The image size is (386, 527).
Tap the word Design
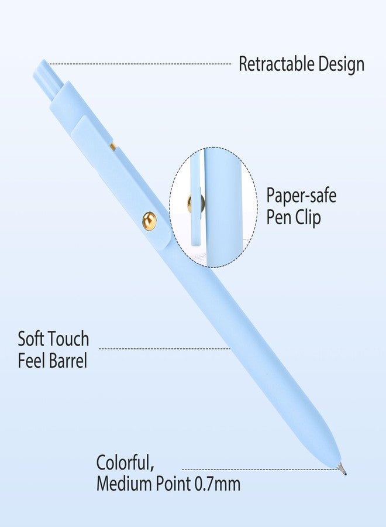tap(342, 64)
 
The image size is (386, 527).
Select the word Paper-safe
tap(301, 196)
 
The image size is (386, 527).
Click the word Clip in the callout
tap(308, 217)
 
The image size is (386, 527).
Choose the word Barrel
tap(68, 361)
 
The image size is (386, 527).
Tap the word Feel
tap(31, 361)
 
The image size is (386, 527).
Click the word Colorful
tap(125, 463)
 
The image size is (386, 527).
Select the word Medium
tap(125, 484)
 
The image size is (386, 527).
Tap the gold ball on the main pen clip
tap(149, 221)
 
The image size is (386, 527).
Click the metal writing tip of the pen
tap(342, 469)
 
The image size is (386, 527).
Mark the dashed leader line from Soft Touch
tap(164, 348)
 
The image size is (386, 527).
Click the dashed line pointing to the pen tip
tap(261, 470)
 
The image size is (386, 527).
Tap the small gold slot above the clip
tap(113, 146)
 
